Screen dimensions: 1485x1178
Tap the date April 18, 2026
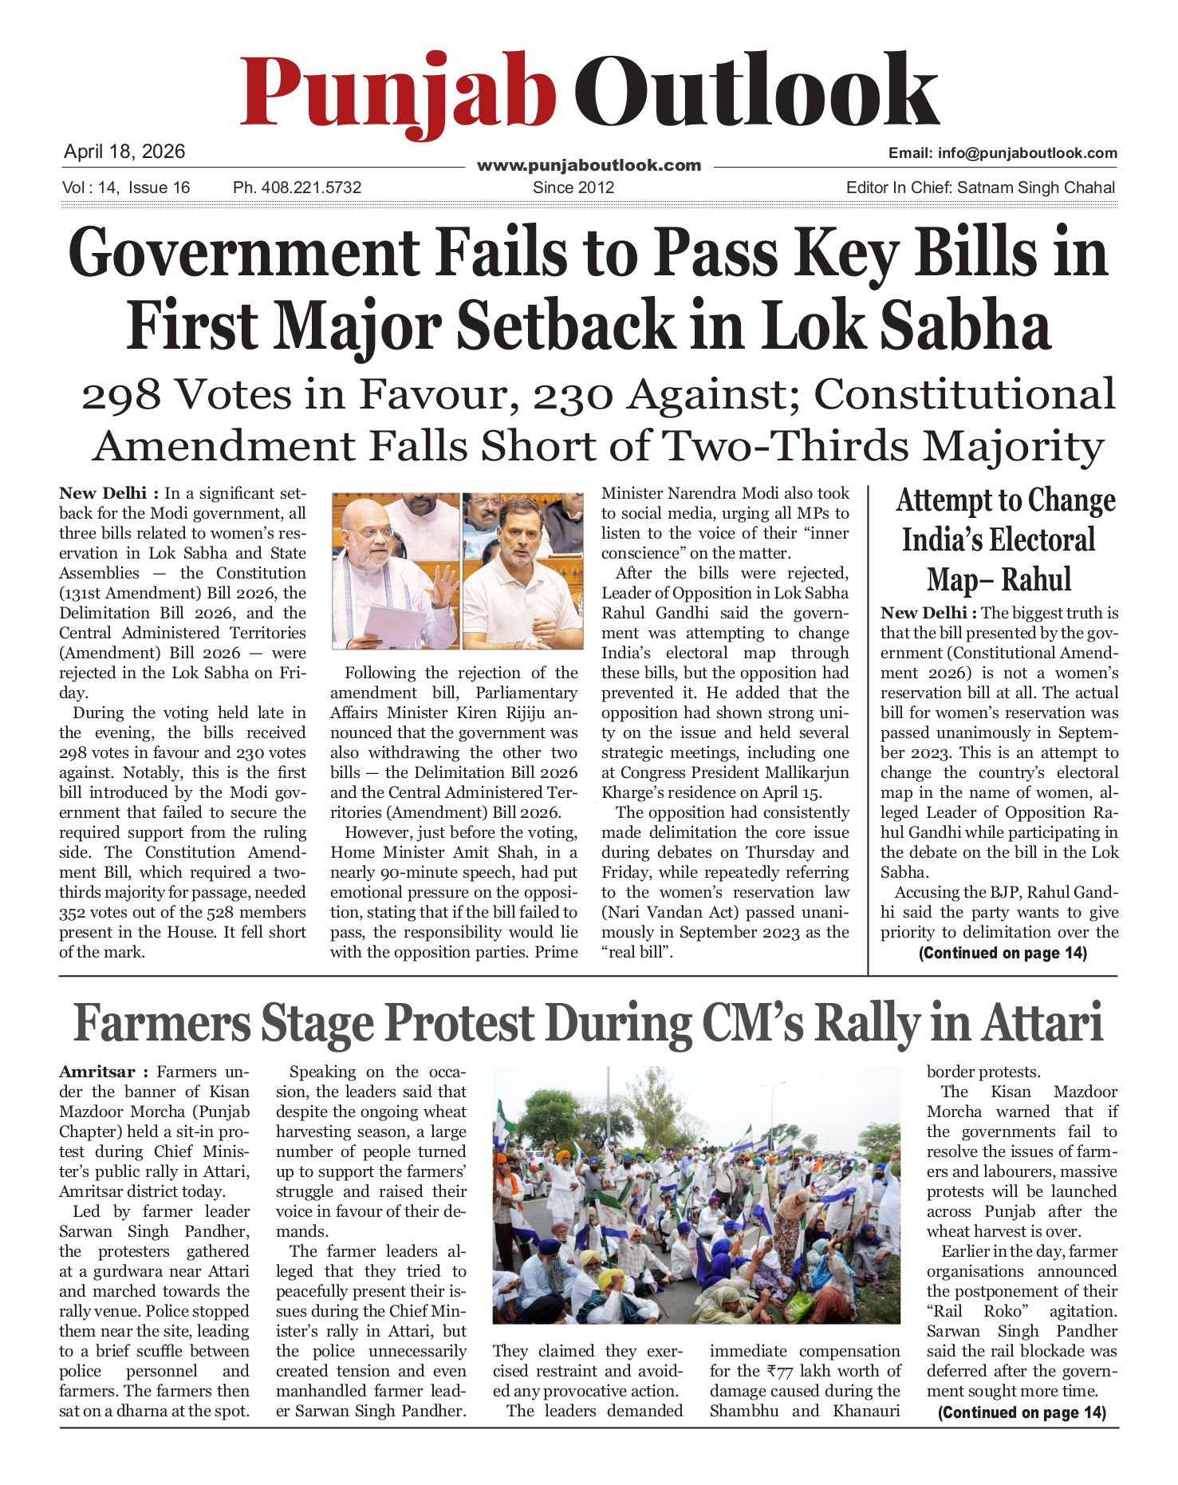click(x=124, y=152)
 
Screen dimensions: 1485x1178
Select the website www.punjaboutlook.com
click(x=589, y=165)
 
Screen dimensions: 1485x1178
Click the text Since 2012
click(x=573, y=188)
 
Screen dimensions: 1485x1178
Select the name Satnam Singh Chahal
click(x=1035, y=188)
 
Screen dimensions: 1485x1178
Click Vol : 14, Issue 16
click(x=125, y=188)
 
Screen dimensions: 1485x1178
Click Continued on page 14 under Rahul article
click(x=1003, y=953)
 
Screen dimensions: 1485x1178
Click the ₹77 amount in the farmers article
click(x=782, y=1371)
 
